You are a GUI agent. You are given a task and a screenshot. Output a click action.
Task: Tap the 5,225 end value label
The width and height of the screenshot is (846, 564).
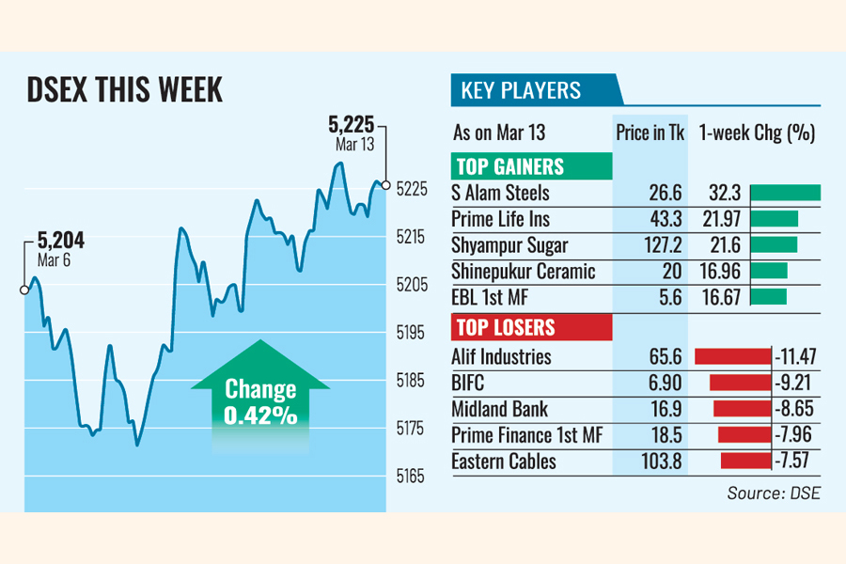point(351,123)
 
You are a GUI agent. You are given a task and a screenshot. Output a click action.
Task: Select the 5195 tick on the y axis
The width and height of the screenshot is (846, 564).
point(412,333)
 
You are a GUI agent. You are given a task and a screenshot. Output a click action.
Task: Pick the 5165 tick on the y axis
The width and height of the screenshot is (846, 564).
point(412,477)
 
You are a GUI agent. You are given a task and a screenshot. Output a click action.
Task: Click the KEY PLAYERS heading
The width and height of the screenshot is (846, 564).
point(521,91)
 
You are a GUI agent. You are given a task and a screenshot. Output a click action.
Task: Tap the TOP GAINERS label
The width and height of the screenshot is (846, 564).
point(509,167)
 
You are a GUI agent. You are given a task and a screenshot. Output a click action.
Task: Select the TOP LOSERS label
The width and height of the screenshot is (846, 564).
point(506,328)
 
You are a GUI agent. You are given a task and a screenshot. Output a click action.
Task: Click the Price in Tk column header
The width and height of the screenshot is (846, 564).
point(650,133)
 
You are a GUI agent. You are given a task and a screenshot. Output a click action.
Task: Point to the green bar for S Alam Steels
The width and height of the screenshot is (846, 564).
point(786,194)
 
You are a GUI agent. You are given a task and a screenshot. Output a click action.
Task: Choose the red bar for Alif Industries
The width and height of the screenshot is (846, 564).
point(732,356)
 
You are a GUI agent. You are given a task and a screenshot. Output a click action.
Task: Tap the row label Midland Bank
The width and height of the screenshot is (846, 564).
point(499,409)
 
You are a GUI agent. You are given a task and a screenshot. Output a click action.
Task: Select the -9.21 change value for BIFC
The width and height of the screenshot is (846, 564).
point(794,383)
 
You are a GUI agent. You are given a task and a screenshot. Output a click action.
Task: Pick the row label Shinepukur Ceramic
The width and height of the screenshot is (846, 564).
point(524,272)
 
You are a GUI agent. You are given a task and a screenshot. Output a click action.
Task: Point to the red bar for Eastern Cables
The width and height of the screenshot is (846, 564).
point(745,462)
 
